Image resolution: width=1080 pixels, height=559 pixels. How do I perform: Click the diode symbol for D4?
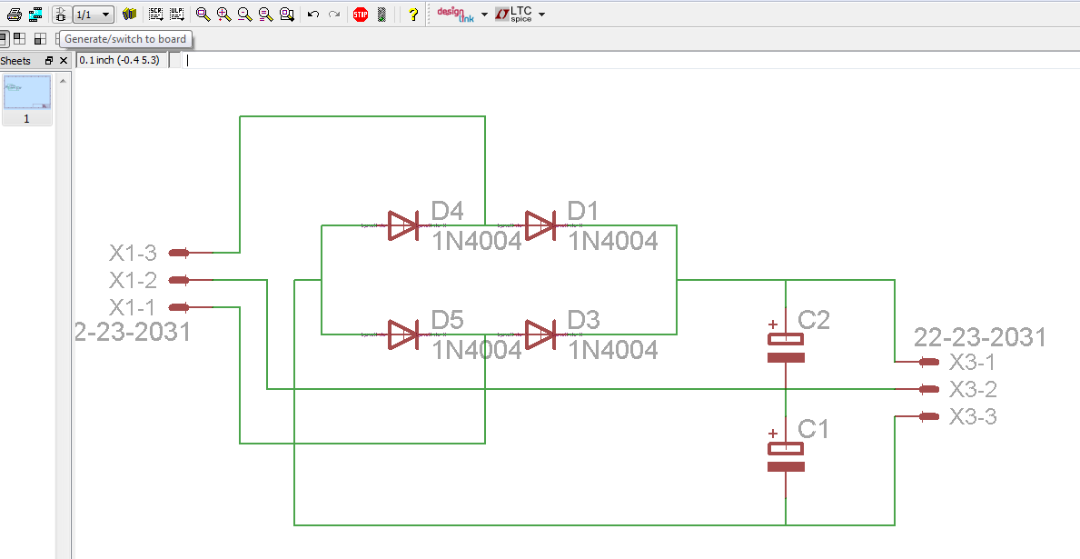point(402,225)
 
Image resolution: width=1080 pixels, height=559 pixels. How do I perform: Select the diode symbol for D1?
point(540,225)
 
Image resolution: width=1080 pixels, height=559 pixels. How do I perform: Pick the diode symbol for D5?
point(402,334)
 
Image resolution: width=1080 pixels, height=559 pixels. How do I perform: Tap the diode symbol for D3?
point(540,334)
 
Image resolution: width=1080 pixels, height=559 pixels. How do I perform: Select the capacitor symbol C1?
point(786,456)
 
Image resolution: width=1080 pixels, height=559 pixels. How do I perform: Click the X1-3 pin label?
point(133,253)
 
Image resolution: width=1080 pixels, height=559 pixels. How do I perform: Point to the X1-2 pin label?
point(133,280)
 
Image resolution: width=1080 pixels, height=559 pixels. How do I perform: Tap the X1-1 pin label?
point(133,307)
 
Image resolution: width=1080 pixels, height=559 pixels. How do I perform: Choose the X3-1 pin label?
point(973,363)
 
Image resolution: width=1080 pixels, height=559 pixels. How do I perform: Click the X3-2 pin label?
point(973,390)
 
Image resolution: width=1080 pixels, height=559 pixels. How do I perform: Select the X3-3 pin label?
point(973,417)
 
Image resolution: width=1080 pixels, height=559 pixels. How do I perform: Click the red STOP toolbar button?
point(361,15)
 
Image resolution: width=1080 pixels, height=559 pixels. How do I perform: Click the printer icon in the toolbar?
point(15,15)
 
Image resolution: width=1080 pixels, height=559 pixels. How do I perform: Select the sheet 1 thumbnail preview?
point(26,93)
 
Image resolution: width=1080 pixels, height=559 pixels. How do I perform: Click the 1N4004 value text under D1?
point(613,241)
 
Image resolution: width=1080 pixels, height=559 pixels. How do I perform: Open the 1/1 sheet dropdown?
point(93,15)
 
